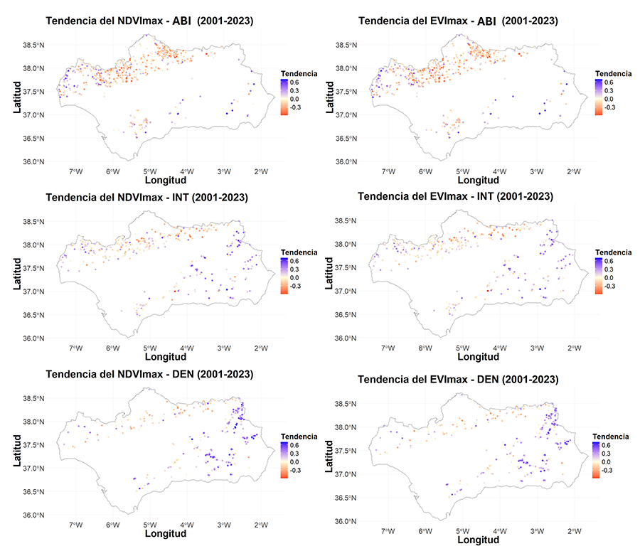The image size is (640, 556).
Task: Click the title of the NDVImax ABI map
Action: (149, 21)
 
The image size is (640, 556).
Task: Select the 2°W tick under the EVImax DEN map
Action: (572, 530)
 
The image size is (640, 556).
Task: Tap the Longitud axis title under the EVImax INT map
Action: (477, 358)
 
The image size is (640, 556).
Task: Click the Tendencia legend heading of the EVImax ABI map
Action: (613, 73)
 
